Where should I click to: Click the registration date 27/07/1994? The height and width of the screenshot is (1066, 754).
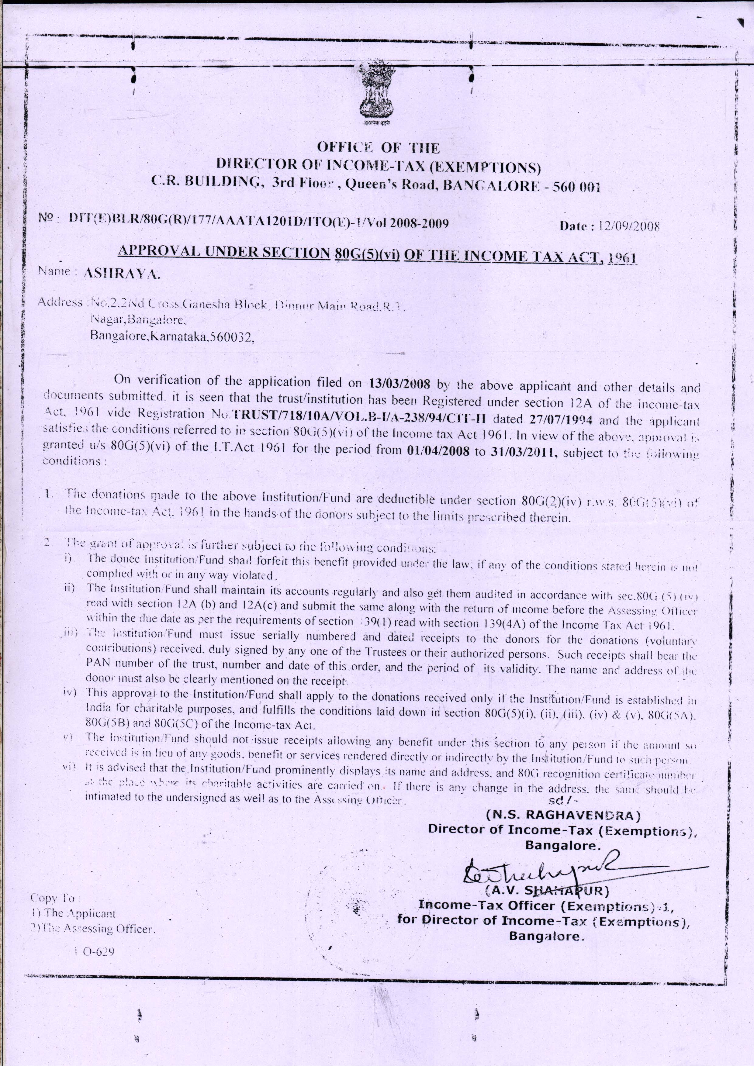[x=562, y=419]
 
